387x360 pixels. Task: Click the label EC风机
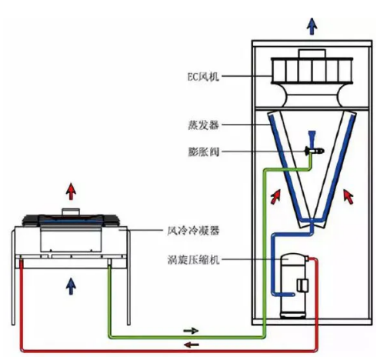point(203,76)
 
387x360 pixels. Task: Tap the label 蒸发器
point(203,125)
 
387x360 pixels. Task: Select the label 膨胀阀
point(203,152)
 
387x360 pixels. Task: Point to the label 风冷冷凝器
point(193,231)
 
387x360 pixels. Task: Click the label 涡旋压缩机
point(193,260)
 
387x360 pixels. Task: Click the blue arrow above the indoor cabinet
point(312,26)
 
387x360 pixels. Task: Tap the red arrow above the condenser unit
point(71,192)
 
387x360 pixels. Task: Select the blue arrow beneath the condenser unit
point(71,286)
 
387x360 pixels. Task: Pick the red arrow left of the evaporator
point(276,196)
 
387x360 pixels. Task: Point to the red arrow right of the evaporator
point(349,197)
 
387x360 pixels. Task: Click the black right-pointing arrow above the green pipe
point(191,331)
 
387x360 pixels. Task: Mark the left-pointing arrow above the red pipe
point(192,345)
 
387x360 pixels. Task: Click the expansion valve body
point(314,151)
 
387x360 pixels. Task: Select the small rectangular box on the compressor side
point(302,285)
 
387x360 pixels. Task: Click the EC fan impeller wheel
point(312,71)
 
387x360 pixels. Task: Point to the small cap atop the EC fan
point(312,54)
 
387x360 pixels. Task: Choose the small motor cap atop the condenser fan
point(71,212)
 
